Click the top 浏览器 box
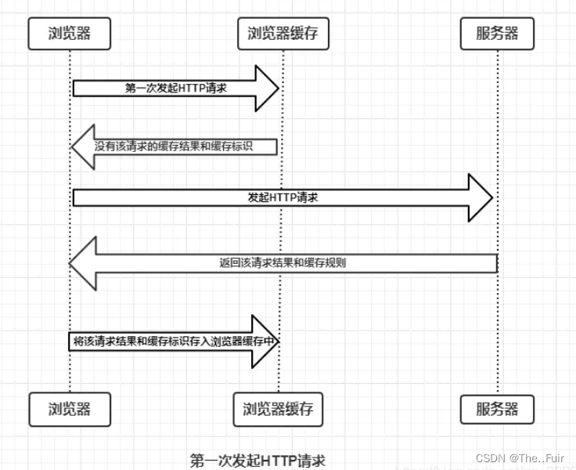pos(69,34)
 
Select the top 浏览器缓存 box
pos(283,34)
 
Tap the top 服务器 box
pos(497,34)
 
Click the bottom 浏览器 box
pos(69,409)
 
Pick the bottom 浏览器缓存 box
pos(278,409)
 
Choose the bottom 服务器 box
pos(497,409)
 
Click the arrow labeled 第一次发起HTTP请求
pos(175,89)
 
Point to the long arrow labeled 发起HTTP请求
pos(282,197)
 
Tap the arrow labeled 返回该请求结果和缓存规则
pos(283,263)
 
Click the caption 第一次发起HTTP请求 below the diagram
pos(257,460)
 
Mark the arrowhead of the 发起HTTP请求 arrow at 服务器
pos(479,197)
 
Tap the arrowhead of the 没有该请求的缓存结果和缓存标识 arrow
pos(83,146)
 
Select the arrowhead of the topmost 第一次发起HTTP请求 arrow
pos(267,89)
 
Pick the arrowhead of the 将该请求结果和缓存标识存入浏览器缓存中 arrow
pos(266,342)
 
